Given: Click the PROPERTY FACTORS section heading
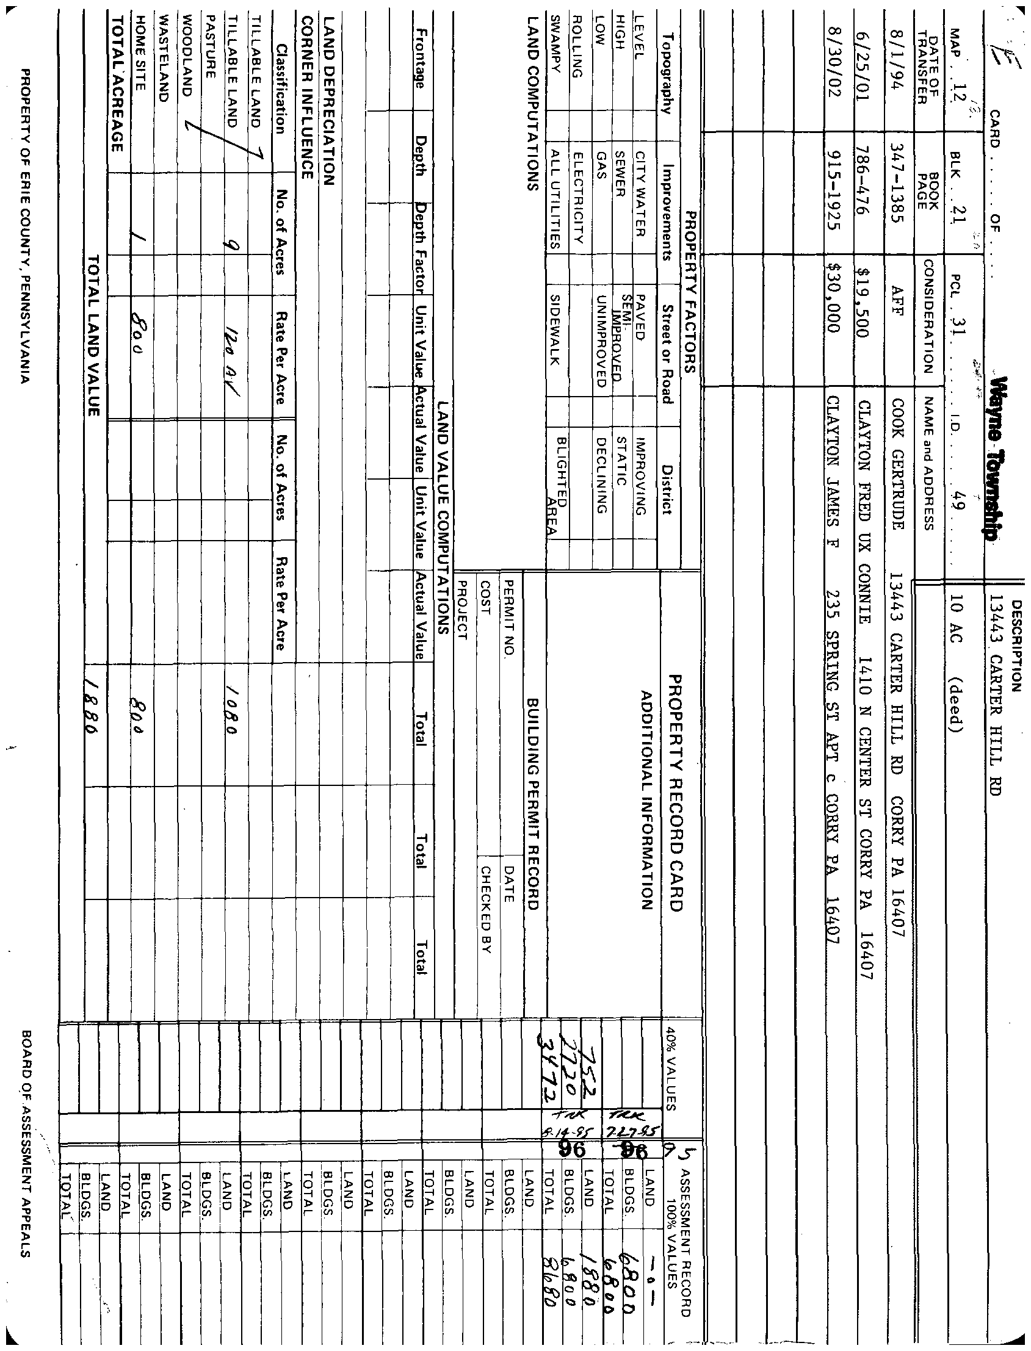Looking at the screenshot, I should [x=690, y=292].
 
